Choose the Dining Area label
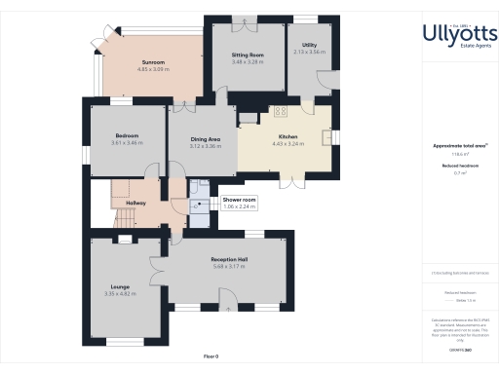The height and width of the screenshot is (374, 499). [x=206, y=139]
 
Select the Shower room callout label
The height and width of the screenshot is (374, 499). [x=239, y=200]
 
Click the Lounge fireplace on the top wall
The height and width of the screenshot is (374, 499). [x=126, y=239]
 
